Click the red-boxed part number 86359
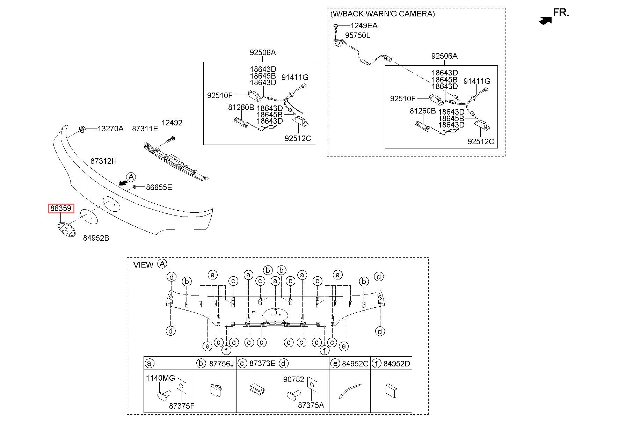coord(61,209)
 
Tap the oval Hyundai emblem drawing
coord(66,229)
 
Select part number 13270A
coord(110,129)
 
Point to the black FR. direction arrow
coord(545,21)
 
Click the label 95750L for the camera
coord(357,36)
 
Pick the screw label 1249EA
coord(364,25)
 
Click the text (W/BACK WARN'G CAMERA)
coord(383,14)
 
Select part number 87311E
coord(145,129)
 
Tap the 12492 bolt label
coord(172,123)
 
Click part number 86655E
coord(159,187)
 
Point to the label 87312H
coord(104,161)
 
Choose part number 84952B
coord(96,238)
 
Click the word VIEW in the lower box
coord(143,265)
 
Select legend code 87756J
coord(221,364)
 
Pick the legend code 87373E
coord(262,363)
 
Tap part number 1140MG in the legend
coord(160,378)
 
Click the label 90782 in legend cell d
coord(294,379)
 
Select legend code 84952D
coord(397,364)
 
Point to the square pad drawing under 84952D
coord(391,391)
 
